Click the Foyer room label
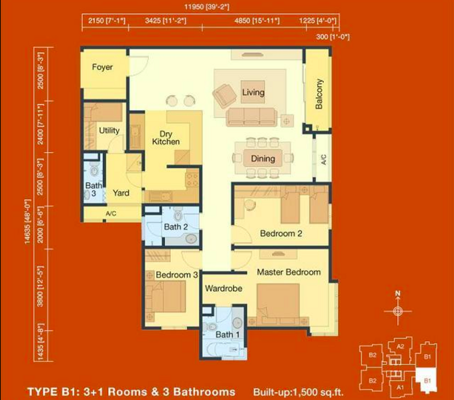click(102, 67)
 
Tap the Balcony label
click(318, 94)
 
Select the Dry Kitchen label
click(166, 137)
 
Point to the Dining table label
click(263, 159)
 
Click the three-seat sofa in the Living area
click(252, 117)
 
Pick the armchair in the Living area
click(224, 95)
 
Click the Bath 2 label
click(176, 227)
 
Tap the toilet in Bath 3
click(94, 171)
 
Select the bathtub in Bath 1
click(223, 349)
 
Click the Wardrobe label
click(224, 288)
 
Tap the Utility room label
click(109, 131)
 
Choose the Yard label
click(121, 193)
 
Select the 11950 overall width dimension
click(207, 7)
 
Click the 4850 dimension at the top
click(257, 21)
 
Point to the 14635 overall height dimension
click(27, 221)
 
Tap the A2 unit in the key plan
click(400, 347)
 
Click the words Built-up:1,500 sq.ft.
click(298, 392)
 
